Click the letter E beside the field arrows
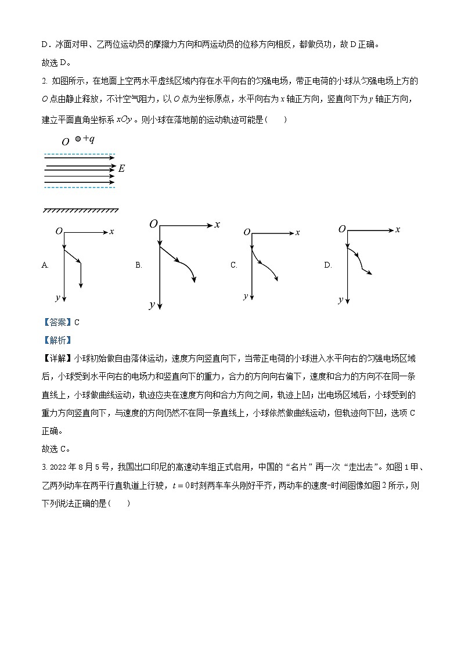tap(121, 168)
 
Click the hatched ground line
tap(81, 210)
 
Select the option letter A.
tap(45, 265)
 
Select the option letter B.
tap(139, 265)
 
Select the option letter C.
tap(233, 265)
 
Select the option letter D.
tap(327, 265)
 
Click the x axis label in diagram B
tap(217, 225)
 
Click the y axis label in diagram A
tap(57, 297)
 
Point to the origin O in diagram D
tap(342, 229)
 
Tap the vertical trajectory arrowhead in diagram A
tap(81, 285)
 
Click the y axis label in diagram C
tap(246, 296)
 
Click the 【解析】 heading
tap(57, 341)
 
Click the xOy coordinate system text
tap(124, 119)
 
